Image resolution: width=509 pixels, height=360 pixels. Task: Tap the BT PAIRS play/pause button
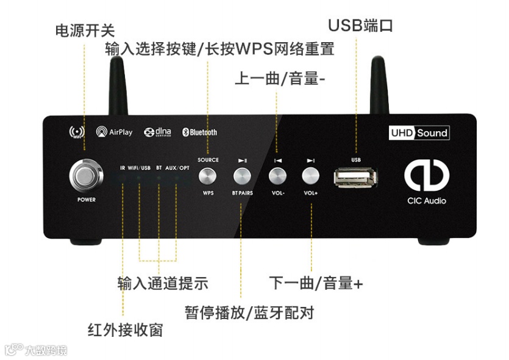coord(243,176)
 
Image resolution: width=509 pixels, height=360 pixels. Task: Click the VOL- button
coord(277,176)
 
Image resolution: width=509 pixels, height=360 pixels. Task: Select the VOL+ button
coord(311,176)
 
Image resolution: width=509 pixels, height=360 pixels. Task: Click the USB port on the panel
coord(356,177)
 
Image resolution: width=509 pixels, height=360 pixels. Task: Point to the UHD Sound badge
coord(419,132)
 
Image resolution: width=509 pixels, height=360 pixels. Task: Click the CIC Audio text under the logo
coord(427,201)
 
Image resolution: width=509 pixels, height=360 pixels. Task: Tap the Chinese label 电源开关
coord(85,29)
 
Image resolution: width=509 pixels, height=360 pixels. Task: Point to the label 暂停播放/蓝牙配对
coord(249,313)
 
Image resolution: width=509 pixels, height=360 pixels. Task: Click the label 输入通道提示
coord(163,283)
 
